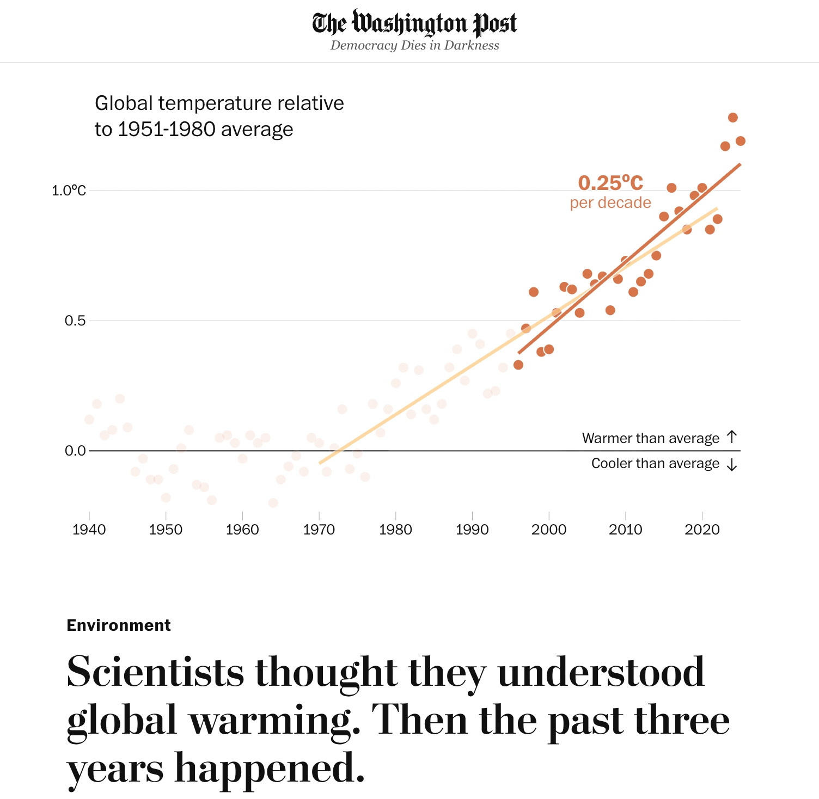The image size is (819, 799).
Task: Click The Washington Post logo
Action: pos(414,23)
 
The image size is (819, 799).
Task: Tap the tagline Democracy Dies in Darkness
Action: pos(414,45)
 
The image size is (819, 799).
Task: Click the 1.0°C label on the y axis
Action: pos(69,190)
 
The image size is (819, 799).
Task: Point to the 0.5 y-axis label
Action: pos(75,321)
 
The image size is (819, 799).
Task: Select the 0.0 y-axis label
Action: pos(75,451)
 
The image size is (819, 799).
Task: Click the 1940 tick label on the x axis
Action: pos(89,529)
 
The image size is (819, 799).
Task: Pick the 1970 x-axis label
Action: pos(319,529)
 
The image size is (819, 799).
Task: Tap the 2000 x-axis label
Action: pos(549,529)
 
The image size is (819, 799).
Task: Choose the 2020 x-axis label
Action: pos(702,529)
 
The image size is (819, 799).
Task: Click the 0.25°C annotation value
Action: pos(610,183)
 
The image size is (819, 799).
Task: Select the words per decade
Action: pos(610,202)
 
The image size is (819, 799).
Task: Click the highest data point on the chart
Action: pos(733,118)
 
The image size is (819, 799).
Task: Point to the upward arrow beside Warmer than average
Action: pos(732,437)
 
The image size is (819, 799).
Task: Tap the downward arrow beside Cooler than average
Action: pos(732,464)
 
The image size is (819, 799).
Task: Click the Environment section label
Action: pos(119,625)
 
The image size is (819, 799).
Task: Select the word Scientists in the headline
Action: pos(155,672)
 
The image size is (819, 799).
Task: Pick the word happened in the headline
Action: pos(269,768)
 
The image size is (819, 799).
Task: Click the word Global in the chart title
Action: pos(124,103)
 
